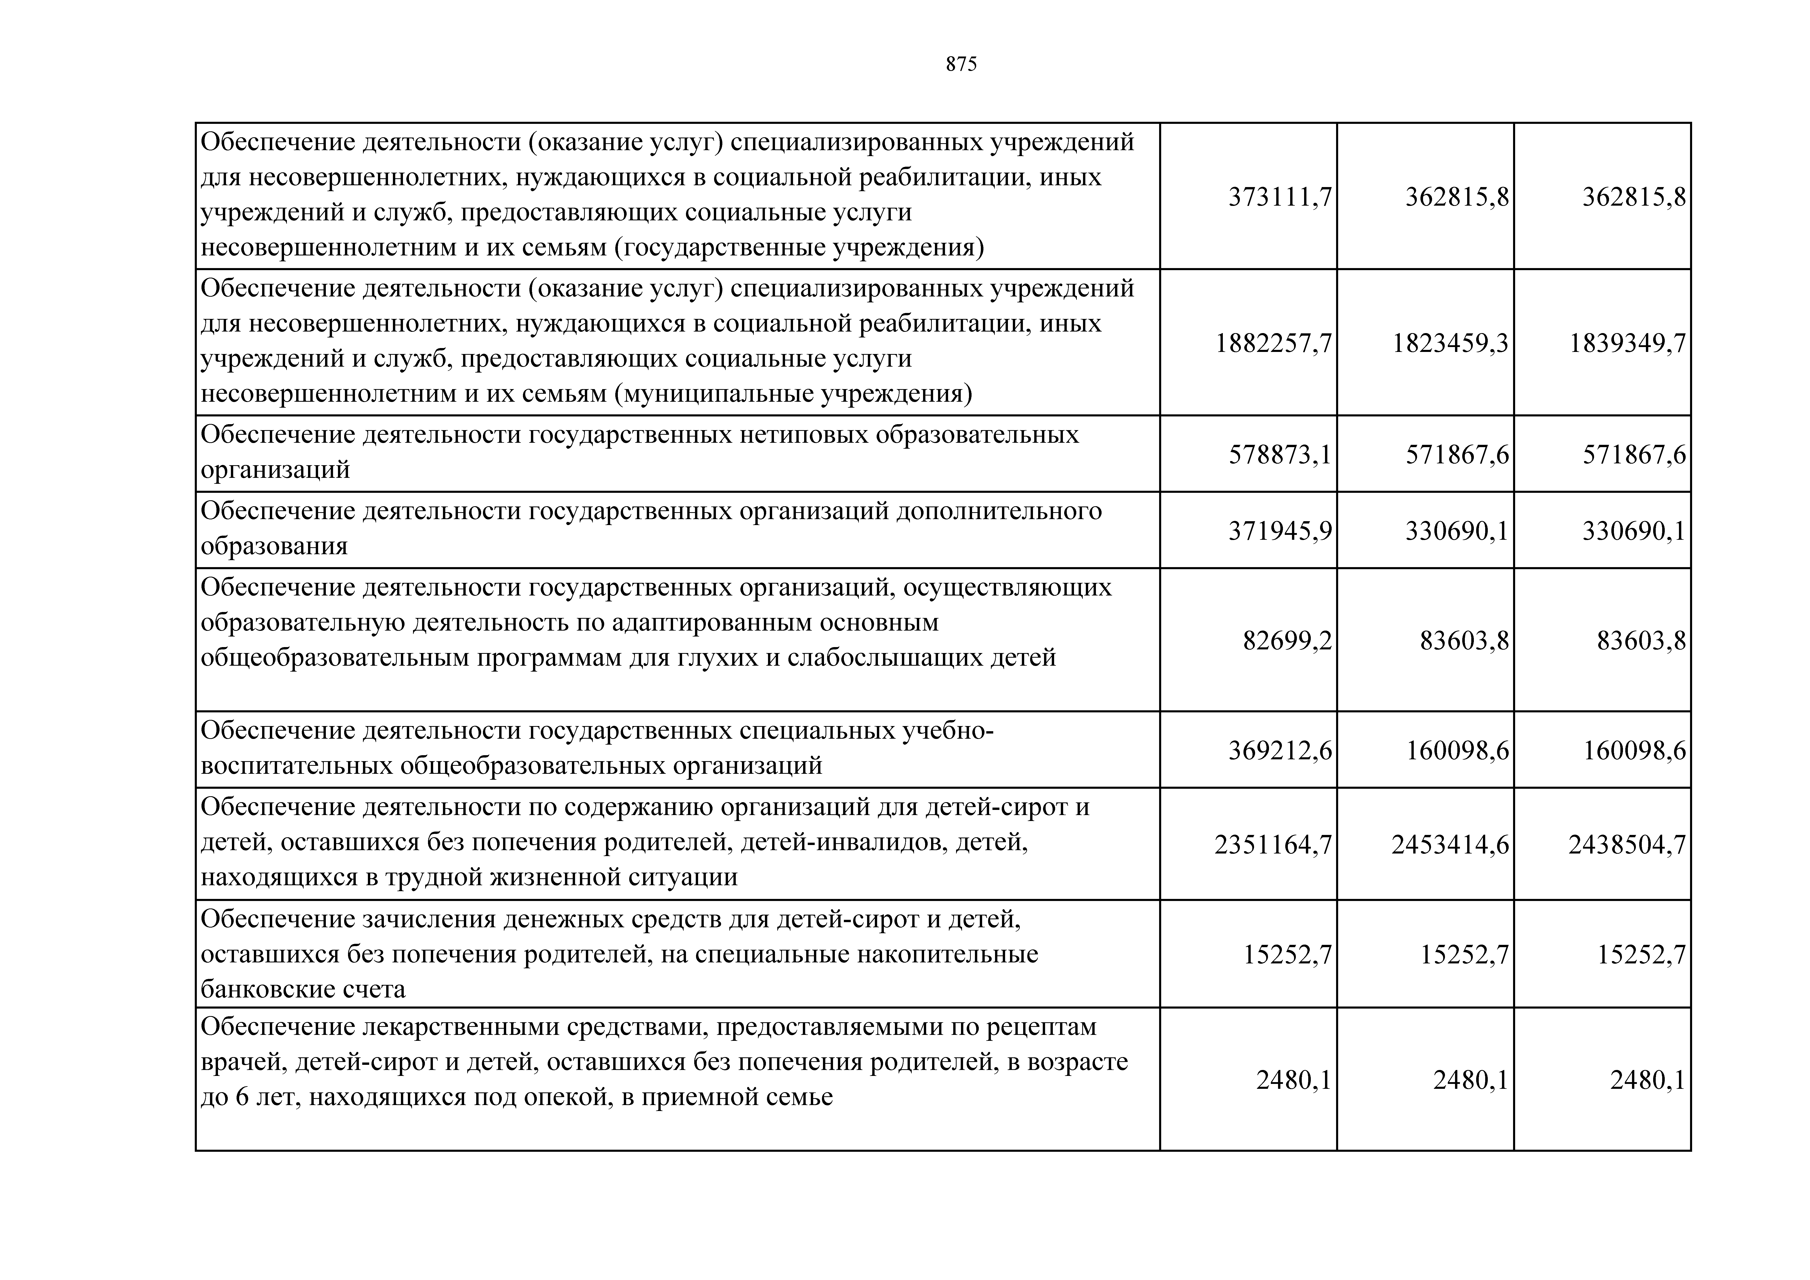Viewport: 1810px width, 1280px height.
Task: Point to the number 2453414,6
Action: pos(1450,846)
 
